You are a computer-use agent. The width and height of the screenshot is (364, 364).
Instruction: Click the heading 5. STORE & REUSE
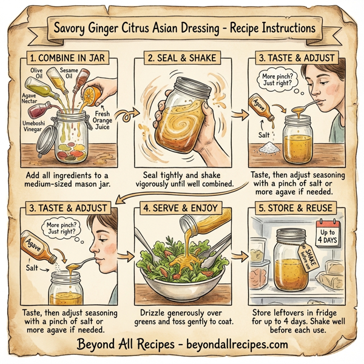pos(294,206)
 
